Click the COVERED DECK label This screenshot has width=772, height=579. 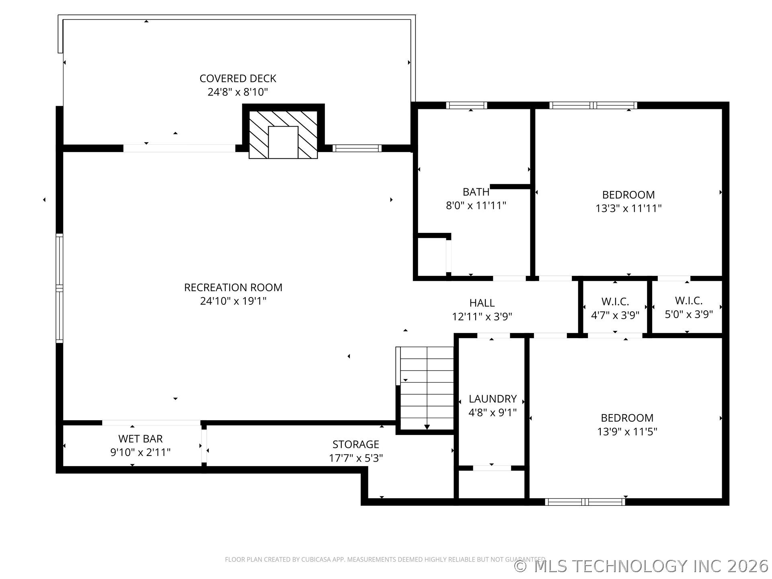click(x=238, y=78)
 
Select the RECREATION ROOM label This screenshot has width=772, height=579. click(x=233, y=287)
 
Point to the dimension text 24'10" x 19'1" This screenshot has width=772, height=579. click(x=233, y=301)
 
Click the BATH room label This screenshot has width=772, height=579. click(x=476, y=192)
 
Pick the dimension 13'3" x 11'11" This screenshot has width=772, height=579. click(x=628, y=208)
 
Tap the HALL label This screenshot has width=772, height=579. click(x=482, y=303)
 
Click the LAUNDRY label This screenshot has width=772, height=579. click(x=493, y=399)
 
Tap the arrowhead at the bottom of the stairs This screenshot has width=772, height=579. click(x=427, y=427)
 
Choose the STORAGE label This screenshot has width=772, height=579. click(x=356, y=444)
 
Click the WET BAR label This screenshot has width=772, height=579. click(x=140, y=439)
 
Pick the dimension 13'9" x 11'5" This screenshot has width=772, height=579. click(x=627, y=431)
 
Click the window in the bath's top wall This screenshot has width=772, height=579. click(x=466, y=105)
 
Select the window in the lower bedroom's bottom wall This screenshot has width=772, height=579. click(x=585, y=502)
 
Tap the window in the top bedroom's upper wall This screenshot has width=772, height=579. click(x=593, y=105)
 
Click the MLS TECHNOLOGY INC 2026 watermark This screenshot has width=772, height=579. click(x=642, y=566)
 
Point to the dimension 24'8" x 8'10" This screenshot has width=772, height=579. click(x=238, y=92)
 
